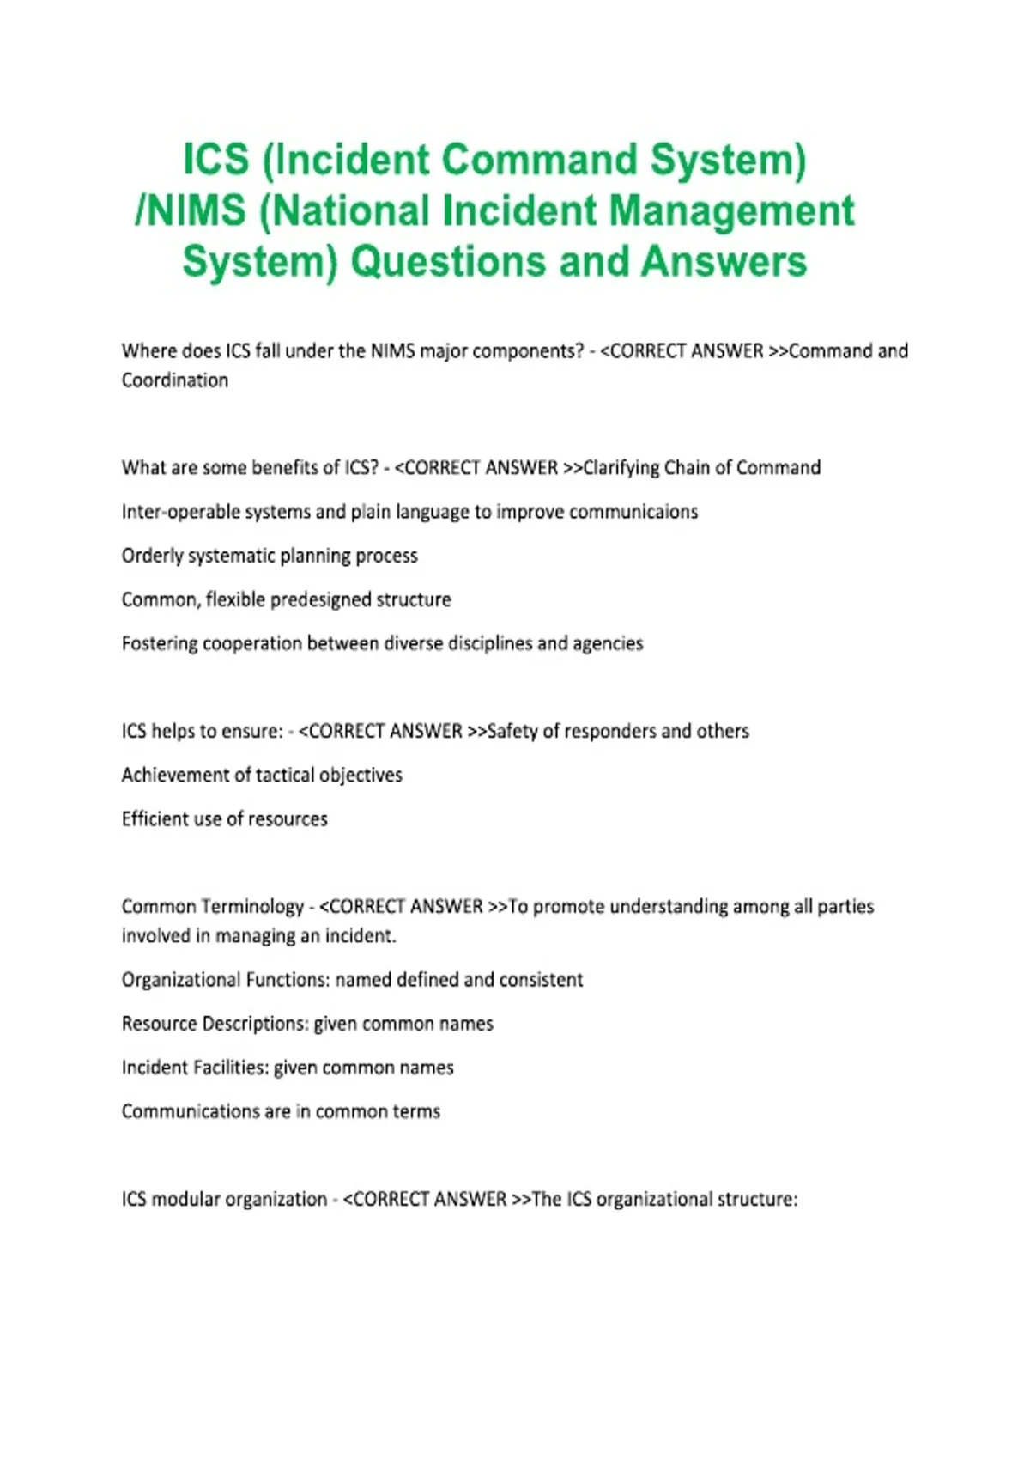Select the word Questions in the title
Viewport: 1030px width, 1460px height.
click(x=448, y=262)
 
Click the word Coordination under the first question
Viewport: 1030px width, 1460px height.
click(x=175, y=380)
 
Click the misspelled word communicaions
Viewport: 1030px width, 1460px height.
click(x=633, y=512)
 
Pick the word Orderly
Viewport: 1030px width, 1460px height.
click(x=151, y=556)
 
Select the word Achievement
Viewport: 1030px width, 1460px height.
click(x=174, y=775)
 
